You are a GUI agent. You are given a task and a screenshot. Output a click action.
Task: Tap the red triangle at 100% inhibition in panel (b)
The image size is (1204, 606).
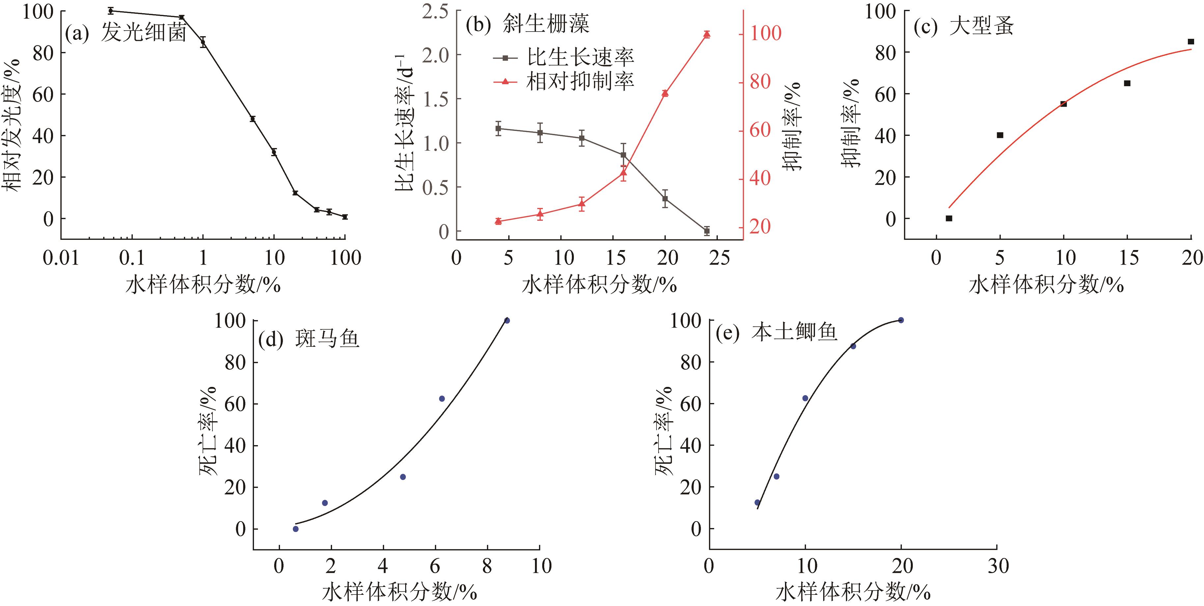(707, 34)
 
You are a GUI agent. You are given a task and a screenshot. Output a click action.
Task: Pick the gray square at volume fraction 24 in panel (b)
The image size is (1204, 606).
(707, 231)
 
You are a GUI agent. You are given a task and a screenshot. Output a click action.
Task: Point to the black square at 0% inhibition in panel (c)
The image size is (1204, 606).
(949, 218)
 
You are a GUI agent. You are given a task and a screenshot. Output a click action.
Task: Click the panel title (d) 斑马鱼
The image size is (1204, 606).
(308, 339)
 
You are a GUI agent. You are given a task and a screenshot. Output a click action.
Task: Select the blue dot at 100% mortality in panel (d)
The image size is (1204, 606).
(507, 320)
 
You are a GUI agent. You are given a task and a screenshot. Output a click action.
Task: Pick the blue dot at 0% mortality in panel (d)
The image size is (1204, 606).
(295, 529)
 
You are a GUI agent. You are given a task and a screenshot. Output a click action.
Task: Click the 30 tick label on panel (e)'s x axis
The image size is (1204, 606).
(997, 566)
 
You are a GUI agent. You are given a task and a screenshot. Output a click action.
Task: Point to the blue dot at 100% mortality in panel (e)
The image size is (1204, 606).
(901, 320)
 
